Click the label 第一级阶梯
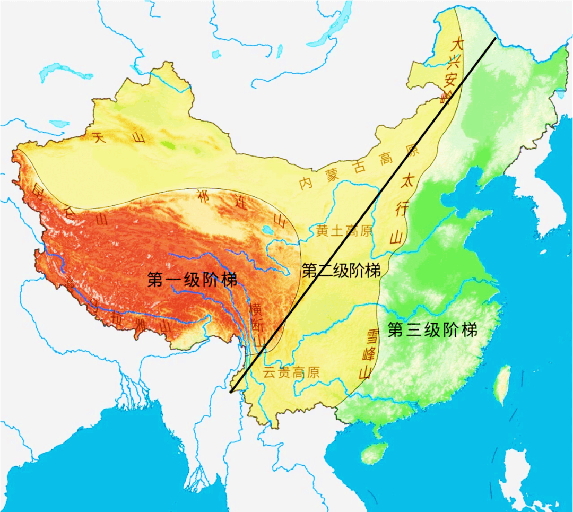click(x=193, y=280)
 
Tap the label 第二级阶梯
click(x=341, y=271)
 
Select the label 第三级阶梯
click(x=432, y=330)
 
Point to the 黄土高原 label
click(x=344, y=231)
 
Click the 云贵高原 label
click(x=291, y=372)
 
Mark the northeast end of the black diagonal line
click(x=495, y=38)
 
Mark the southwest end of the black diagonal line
click(x=232, y=393)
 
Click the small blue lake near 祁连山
click(x=265, y=230)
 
